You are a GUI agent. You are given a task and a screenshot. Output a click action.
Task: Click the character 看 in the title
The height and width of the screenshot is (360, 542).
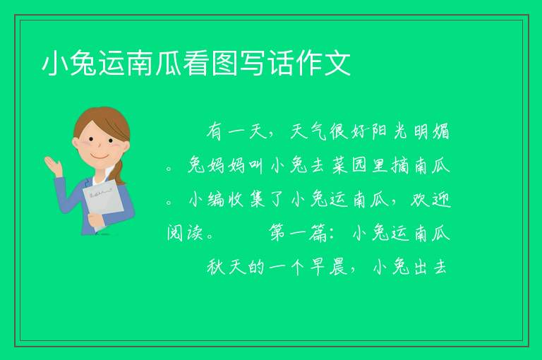coord(196,64)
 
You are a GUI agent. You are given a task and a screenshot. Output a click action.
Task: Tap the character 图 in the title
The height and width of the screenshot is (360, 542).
coord(224,64)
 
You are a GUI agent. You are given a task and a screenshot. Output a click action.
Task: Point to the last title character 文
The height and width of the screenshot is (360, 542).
coord(338,64)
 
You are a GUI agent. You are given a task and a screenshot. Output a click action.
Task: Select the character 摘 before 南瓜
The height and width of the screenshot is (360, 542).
coord(400,166)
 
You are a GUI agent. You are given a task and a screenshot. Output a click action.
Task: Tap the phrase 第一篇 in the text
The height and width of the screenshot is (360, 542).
coord(299,233)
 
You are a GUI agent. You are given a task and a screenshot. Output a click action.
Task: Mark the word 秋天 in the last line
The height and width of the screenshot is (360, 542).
coord(227,267)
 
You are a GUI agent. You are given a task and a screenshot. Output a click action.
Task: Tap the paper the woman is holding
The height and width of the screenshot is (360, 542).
coord(103,203)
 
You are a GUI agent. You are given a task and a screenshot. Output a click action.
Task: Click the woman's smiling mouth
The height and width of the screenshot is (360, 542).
coord(100,156)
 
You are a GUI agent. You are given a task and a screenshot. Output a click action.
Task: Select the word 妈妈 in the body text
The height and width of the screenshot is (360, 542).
coord(227,166)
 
